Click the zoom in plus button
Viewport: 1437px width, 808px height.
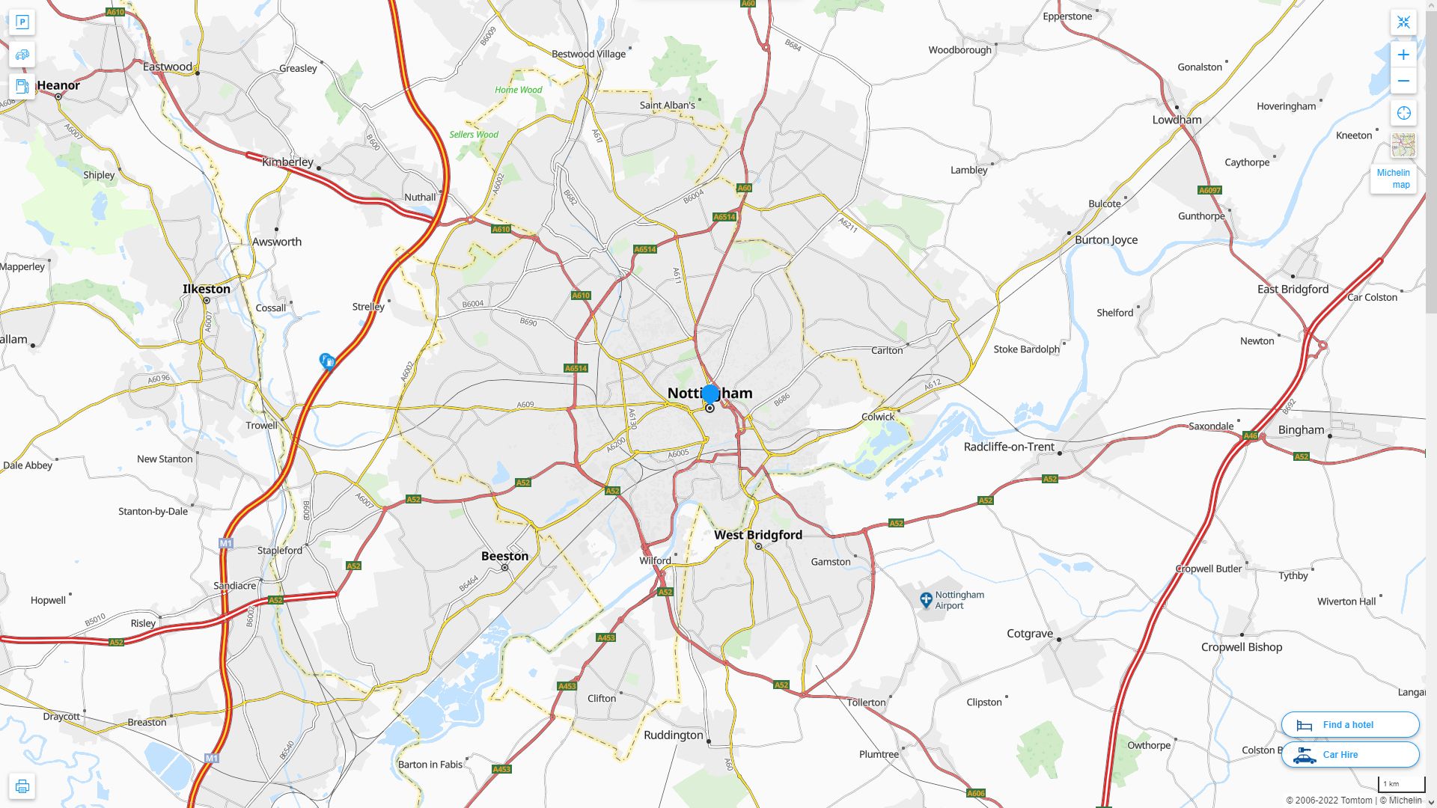coord(1403,55)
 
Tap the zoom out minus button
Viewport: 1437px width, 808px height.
coord(1403,81)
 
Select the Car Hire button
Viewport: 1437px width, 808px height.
coord(1349,754)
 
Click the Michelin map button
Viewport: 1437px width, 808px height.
coord(1393,178)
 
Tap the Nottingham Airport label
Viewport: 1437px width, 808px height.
coord(959,600)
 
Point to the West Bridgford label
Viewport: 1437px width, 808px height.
coord(757,535)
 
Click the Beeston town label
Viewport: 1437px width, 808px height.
coord(504,556)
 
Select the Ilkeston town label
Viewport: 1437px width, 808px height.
coord(207,289)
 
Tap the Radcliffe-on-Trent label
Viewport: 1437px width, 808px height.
coord(1009,447)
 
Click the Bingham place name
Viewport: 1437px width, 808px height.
coord(1301,429)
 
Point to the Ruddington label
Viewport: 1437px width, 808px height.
coord(674,735)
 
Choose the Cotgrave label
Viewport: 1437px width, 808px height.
coord(1030,633)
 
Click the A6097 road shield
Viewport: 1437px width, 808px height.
coord(1209,190)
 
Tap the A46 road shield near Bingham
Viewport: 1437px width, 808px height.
coord(1250,435)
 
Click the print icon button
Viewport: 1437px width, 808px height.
coord(22,786)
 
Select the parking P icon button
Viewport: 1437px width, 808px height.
coord(22,22)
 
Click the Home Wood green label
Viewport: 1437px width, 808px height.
coord(518,90)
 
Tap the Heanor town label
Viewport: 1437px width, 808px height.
coord(58,85)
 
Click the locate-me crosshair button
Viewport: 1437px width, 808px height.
coord(1403,113)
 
